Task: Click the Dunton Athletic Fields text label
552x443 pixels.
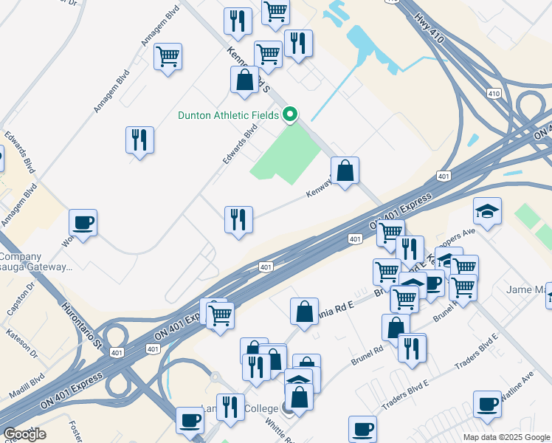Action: tap(228, 115)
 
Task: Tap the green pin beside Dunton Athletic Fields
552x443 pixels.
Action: tap(290, 114)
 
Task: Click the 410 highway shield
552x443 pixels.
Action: tap(494, 93)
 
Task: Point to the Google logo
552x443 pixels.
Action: tap(24, 434)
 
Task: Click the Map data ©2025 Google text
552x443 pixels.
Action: tap(506, 437)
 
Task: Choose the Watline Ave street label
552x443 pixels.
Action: tap(517, 387)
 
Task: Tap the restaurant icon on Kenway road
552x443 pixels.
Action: tap(238, 220)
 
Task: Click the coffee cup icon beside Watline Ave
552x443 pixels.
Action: tap(487, 404)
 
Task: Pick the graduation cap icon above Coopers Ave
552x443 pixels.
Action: tap(487, 211)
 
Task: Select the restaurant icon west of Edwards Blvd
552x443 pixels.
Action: tap(139, 140)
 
